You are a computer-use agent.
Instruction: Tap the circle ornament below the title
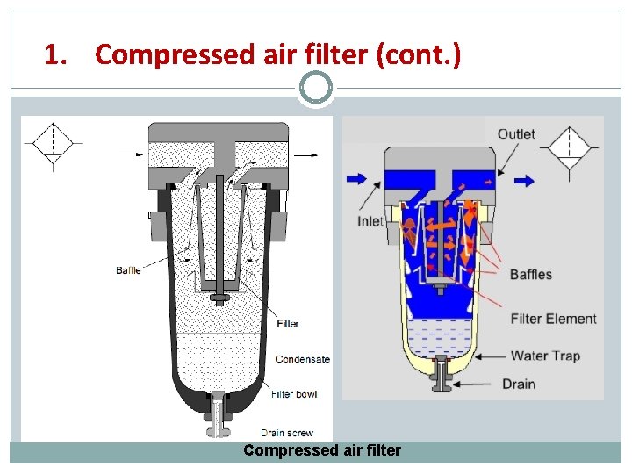click(316, 87)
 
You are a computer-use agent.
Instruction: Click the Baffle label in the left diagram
click(128, 270)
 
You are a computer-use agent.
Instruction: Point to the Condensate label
click(303, 359)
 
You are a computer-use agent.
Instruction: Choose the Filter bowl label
click(295, 394)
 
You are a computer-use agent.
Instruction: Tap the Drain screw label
click(286, 433)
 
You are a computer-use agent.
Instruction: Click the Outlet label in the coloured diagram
click(516, 133)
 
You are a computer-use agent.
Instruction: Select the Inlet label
click(370, 221)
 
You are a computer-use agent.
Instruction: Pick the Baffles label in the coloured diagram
click(531, 275)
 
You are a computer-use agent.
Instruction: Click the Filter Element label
click(554, 319)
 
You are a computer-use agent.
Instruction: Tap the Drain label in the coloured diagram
click(519, 384)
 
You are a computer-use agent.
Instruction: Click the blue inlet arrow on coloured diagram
click(357, 178)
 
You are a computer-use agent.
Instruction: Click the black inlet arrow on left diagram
click(131, 154)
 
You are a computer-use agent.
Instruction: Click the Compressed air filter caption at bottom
click(322, 451)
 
